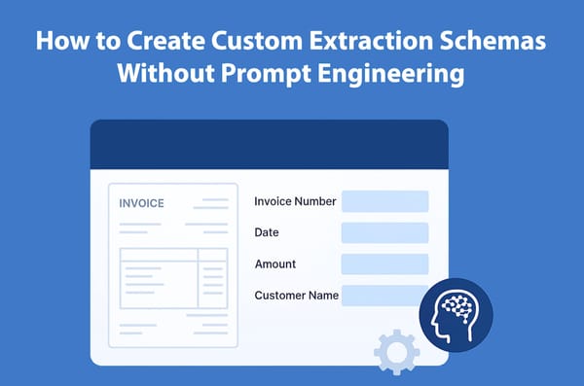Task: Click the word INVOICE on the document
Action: click(x=141, y=204)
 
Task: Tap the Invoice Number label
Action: click(x=295, y=201)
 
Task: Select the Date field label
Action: click(x=267, y=232)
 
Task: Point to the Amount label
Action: click(x=275, y=263)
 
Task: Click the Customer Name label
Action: click(x=296, y=295)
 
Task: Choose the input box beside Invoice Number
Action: click(x=384, y=201)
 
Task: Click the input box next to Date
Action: click(x=384, y=232)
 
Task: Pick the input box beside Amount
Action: click(x=384, y=263)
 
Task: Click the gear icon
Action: click(x=396, y=351)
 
